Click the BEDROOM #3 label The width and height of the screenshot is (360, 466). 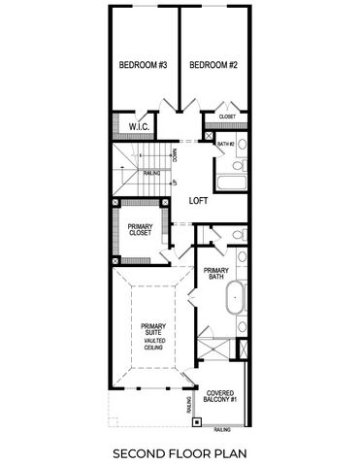pos(143,65)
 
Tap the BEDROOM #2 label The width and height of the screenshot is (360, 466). pos(213,65)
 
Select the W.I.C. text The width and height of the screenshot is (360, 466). pos(138,126)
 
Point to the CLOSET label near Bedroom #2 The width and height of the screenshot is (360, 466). pos(227,116)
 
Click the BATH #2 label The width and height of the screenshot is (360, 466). pos(225,144)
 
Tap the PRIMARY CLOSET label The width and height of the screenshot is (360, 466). pos(139,230)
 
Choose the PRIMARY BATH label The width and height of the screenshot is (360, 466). pos(215,274)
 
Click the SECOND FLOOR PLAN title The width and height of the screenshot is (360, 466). pos(180,452)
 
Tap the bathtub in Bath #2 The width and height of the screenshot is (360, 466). pos(231,182)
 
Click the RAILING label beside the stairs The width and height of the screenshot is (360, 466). pos(151,174)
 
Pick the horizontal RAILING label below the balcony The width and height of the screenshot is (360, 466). pos(223,428)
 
